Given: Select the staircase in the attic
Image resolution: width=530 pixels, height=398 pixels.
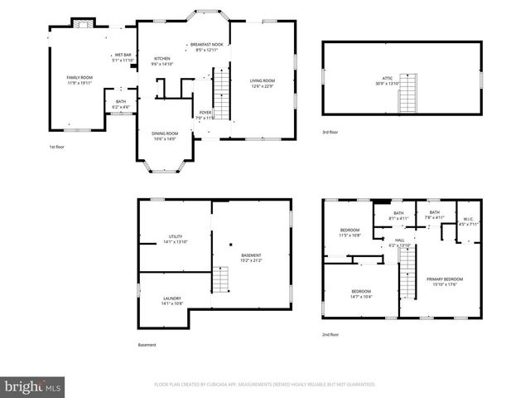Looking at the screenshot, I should click(409, 99).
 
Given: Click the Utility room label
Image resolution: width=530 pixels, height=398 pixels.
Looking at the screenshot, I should click(176, 239).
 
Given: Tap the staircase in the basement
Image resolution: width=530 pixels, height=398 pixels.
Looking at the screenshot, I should click(219, 280).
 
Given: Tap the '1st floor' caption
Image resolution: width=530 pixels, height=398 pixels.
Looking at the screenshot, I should click(56, 147).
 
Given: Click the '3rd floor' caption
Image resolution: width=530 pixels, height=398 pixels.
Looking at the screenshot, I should click(330, 133).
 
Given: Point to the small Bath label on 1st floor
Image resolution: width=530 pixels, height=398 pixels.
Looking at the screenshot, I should click(121, 104).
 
